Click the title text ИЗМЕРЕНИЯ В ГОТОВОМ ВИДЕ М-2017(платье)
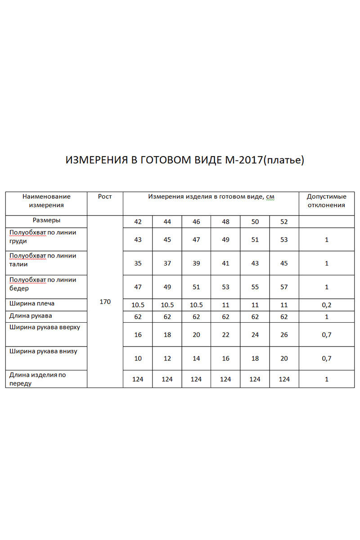185,161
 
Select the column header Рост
105,197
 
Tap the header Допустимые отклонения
327,201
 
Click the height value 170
105,301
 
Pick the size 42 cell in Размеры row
138,222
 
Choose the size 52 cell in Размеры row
284,222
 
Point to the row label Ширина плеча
32,304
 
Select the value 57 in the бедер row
284,287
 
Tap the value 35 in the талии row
138,263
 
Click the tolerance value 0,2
327,305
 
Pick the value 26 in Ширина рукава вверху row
284,335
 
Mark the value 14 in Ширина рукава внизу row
196,358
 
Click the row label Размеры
46,220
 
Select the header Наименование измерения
46,201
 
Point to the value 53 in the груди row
284,239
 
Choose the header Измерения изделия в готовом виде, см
211,197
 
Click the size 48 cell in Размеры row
225,222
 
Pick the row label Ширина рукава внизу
43,351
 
